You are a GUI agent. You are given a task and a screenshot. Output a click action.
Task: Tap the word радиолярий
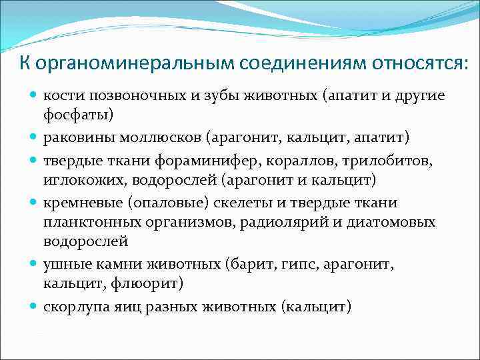[293, 221]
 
